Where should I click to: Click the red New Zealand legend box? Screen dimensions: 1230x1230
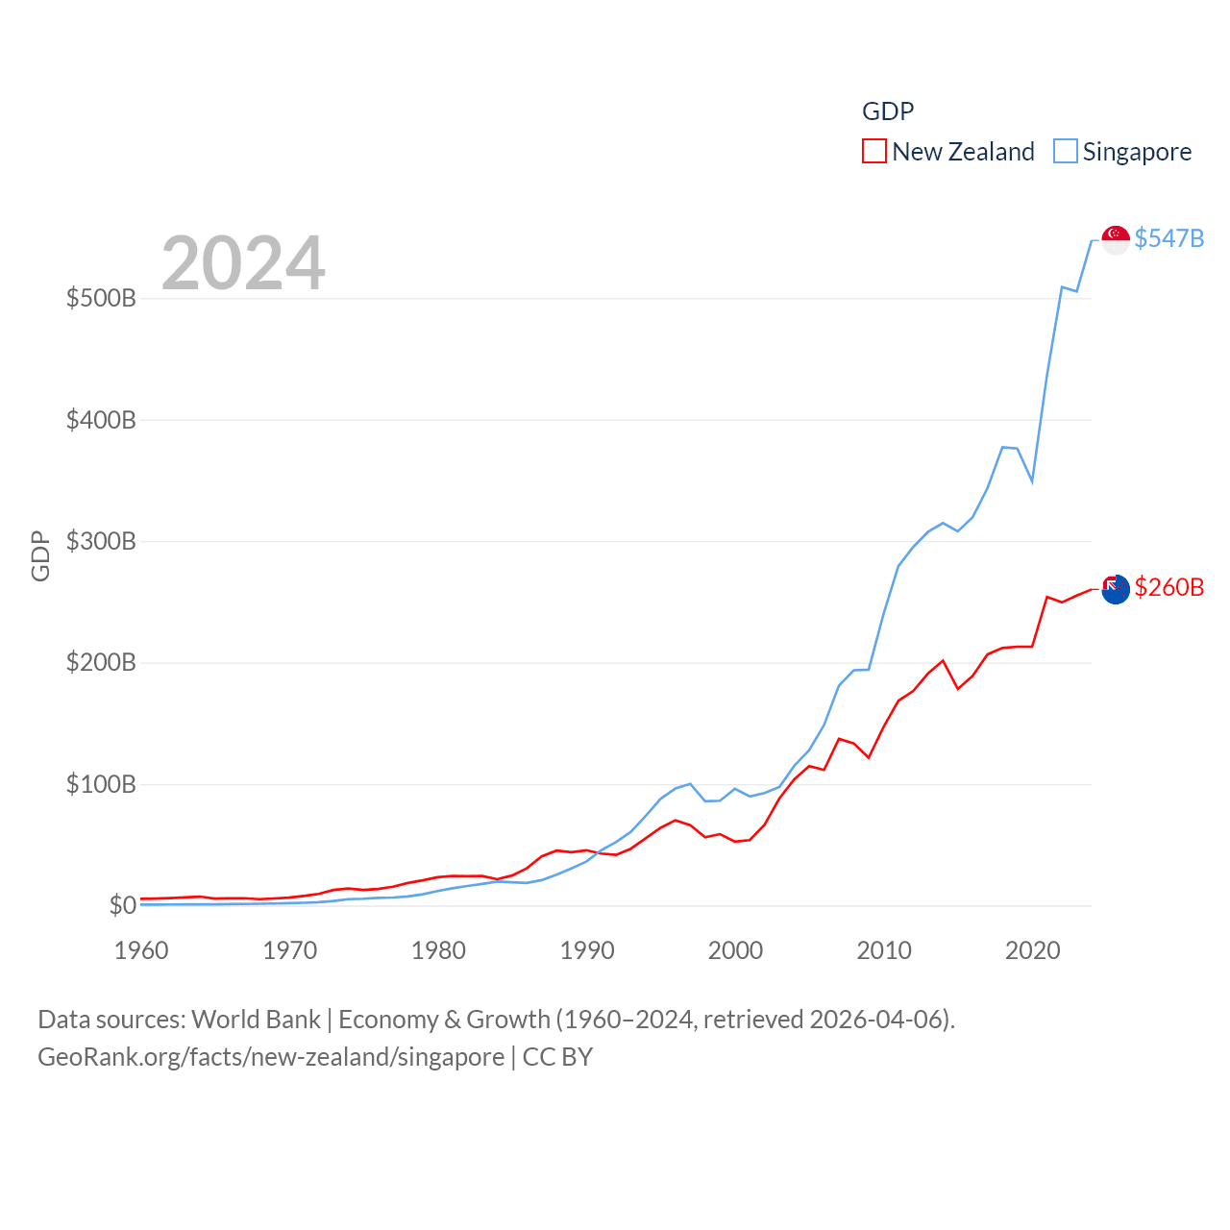(873, 151)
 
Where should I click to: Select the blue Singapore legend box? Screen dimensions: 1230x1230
(1065, 151)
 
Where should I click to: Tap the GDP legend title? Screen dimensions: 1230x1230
(887, 111)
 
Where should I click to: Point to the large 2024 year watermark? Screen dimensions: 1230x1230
(243, 263)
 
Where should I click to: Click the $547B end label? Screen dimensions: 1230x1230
(1168, 238)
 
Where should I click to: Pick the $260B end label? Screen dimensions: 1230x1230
(1168, 587)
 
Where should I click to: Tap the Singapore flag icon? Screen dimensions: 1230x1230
(1115, 239)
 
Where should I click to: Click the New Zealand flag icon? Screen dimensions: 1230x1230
(1115, 589)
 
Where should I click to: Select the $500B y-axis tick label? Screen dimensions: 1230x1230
(101, 298)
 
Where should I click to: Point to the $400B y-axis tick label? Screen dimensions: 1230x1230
(101, 420)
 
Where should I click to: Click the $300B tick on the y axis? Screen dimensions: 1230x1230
(101, 541)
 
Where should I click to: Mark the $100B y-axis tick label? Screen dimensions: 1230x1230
(101, 784)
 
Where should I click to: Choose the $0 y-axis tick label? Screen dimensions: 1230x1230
(122, 905)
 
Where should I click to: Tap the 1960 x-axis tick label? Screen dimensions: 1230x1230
(141, 950)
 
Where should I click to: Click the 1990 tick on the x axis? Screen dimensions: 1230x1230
(587, 950)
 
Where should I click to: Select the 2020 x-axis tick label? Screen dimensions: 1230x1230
(1032, 950)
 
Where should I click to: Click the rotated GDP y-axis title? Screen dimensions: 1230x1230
(40, 555)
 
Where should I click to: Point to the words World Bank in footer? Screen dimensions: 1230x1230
(256, 1019)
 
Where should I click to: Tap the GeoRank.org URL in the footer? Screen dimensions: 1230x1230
(271, 1057)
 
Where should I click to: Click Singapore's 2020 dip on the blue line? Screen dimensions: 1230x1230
(1032, 480)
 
